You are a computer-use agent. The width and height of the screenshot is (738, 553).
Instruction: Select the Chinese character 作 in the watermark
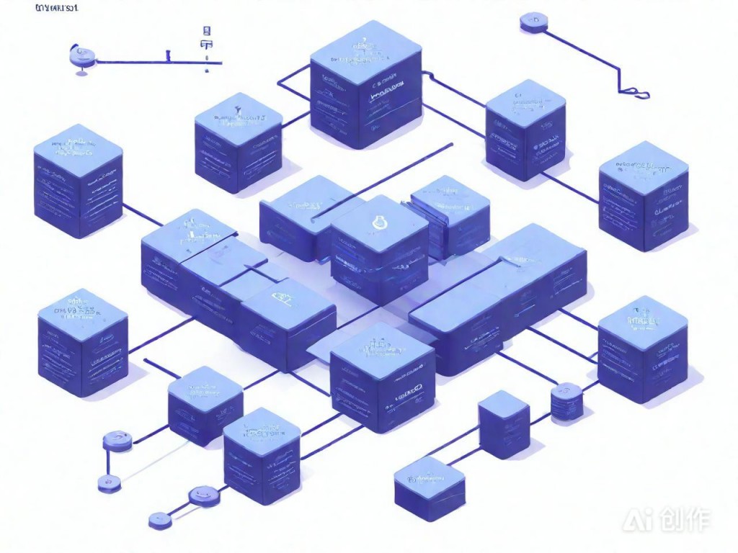click(698, 521)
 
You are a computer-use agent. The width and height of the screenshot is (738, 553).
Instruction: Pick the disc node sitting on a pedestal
click(79, 53)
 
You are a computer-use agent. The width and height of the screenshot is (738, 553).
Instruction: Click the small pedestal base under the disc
click(80, 70)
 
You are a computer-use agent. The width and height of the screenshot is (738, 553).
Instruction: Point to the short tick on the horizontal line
click(168, 55)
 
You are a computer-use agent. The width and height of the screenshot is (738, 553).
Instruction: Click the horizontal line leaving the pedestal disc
click(130, 62)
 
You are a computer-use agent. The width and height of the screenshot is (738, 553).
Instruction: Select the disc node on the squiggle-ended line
click(534, 23)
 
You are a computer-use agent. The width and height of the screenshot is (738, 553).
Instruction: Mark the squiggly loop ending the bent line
click(635, 91)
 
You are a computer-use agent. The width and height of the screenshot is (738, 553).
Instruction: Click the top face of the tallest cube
click(365, 50)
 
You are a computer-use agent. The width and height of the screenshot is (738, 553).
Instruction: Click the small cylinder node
click(566, 400)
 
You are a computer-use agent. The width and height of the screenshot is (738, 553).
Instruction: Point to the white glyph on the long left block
click(279, 295)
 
